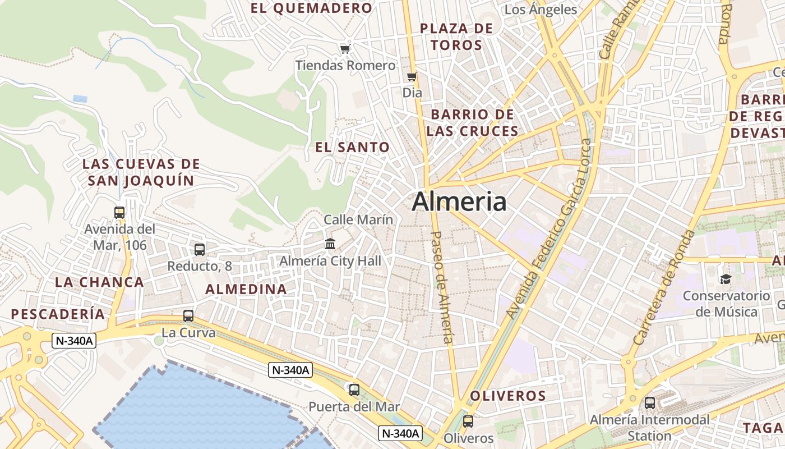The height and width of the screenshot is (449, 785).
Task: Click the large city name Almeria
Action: (x=459, y=202)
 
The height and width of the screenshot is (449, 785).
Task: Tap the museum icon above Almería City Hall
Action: (x=330, y=244)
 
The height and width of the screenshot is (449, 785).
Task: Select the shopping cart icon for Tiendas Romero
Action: (x=345, y=49)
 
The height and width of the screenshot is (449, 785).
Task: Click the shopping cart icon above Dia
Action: (x=412, y=76)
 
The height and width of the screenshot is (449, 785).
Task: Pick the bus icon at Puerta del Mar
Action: (x=354, y=390)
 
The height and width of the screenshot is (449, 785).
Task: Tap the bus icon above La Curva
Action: (x=188, y=315)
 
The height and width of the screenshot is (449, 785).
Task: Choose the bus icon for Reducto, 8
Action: (x=199, y=249)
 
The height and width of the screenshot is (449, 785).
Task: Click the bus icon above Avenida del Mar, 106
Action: (x=119, y=212)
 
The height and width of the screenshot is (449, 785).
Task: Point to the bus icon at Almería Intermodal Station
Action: (x=649, y=402)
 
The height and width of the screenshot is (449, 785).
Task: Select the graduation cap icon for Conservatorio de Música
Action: (x=726, y=279)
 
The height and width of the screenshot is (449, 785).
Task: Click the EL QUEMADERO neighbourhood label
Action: (x=311, y=8)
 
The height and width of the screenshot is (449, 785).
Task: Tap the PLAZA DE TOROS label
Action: (x=457, y=36)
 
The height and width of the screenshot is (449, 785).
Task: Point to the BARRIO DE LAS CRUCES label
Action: (x=472, y=123)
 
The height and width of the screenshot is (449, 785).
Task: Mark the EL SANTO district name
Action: (x=352, y=148)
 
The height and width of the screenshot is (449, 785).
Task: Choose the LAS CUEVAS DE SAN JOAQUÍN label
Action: (x=141, y=172)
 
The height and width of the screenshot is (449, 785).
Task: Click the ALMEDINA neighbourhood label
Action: (x=246, y=289)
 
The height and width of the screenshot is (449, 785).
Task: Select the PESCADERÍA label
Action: (x=58, y=314)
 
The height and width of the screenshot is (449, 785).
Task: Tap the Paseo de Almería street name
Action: (x=441, y=287)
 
